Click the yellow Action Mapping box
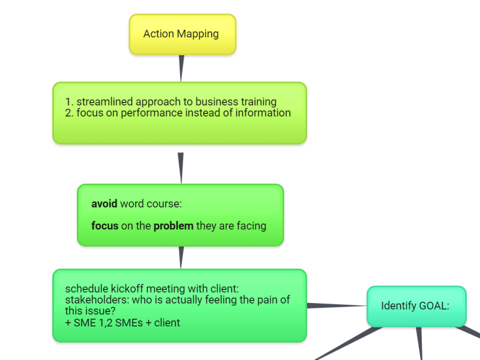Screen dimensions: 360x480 (182, 34)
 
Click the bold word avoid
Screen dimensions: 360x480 (104, 204)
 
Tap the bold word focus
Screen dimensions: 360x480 (104, 226)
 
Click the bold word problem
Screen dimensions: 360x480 (173, 226)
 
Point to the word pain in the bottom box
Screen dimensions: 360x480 (268, 300)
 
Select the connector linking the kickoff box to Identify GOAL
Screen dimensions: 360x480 (337, 306)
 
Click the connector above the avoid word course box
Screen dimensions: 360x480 (181, 166)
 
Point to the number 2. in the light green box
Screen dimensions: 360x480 (69, 113)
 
